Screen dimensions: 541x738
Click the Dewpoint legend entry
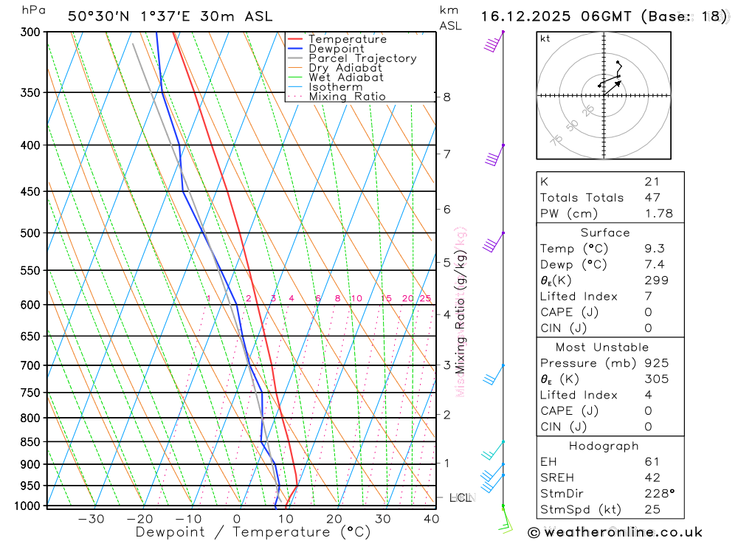click(x=336, y=49)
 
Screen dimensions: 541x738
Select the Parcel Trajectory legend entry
click(x=362, y=58)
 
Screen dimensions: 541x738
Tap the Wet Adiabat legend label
click(x=345, y=77)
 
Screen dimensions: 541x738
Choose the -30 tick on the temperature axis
click(x=91, y=519)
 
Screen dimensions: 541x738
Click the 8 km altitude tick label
click(x=447, y=97)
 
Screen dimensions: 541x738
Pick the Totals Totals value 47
click(x=652, y=198)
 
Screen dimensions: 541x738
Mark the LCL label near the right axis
click(x=461, y=498)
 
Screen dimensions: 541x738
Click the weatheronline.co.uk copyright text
click(x=615, y=532)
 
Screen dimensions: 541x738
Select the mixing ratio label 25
click(x=425, y=298)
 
